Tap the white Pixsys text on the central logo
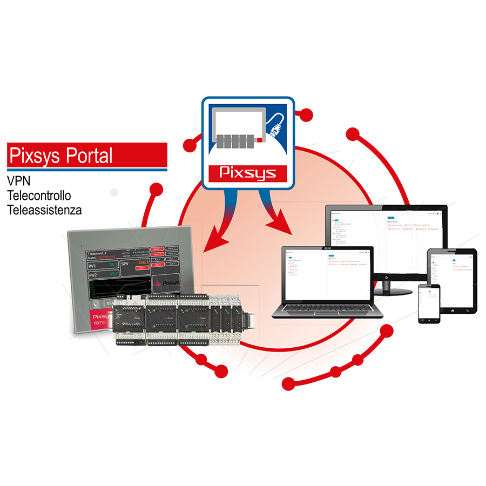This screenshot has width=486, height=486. click(x=248, y=173)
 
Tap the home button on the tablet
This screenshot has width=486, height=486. click(x=451, y=311)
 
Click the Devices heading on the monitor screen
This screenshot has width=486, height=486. click(x=394, y=221)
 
